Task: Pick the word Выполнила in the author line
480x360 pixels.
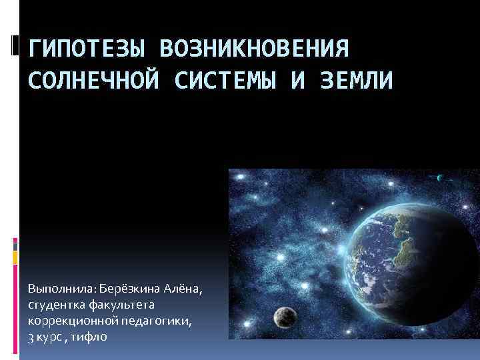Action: (x=61, y=289)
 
